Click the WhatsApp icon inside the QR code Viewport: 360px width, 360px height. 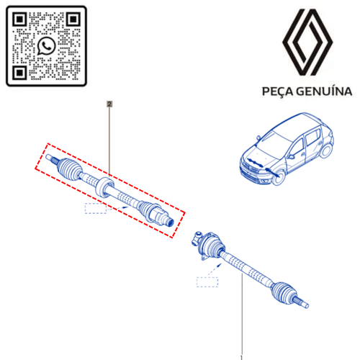(46, 46)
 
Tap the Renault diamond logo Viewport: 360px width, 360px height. (307, 42)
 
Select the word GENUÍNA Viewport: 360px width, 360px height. (324, 91)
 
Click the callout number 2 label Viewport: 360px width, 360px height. (109, 104)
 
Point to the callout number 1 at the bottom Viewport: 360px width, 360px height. (241, 358)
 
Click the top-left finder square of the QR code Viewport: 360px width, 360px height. (19, 19)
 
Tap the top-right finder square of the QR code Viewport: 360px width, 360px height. (73, 19)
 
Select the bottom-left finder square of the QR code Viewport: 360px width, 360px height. (19, 73)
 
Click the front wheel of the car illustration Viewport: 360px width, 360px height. (279, 178)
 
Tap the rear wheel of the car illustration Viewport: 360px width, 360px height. (326, 150)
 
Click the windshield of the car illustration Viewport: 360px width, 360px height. (276, 143)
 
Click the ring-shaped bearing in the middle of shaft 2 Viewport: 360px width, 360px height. (104, 187)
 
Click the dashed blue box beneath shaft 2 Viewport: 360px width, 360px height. (96, 208)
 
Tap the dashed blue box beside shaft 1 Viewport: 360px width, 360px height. (207, 282)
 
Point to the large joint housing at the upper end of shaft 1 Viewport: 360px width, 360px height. (208, 246)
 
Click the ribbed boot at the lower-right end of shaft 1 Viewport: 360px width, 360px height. (284, 293)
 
